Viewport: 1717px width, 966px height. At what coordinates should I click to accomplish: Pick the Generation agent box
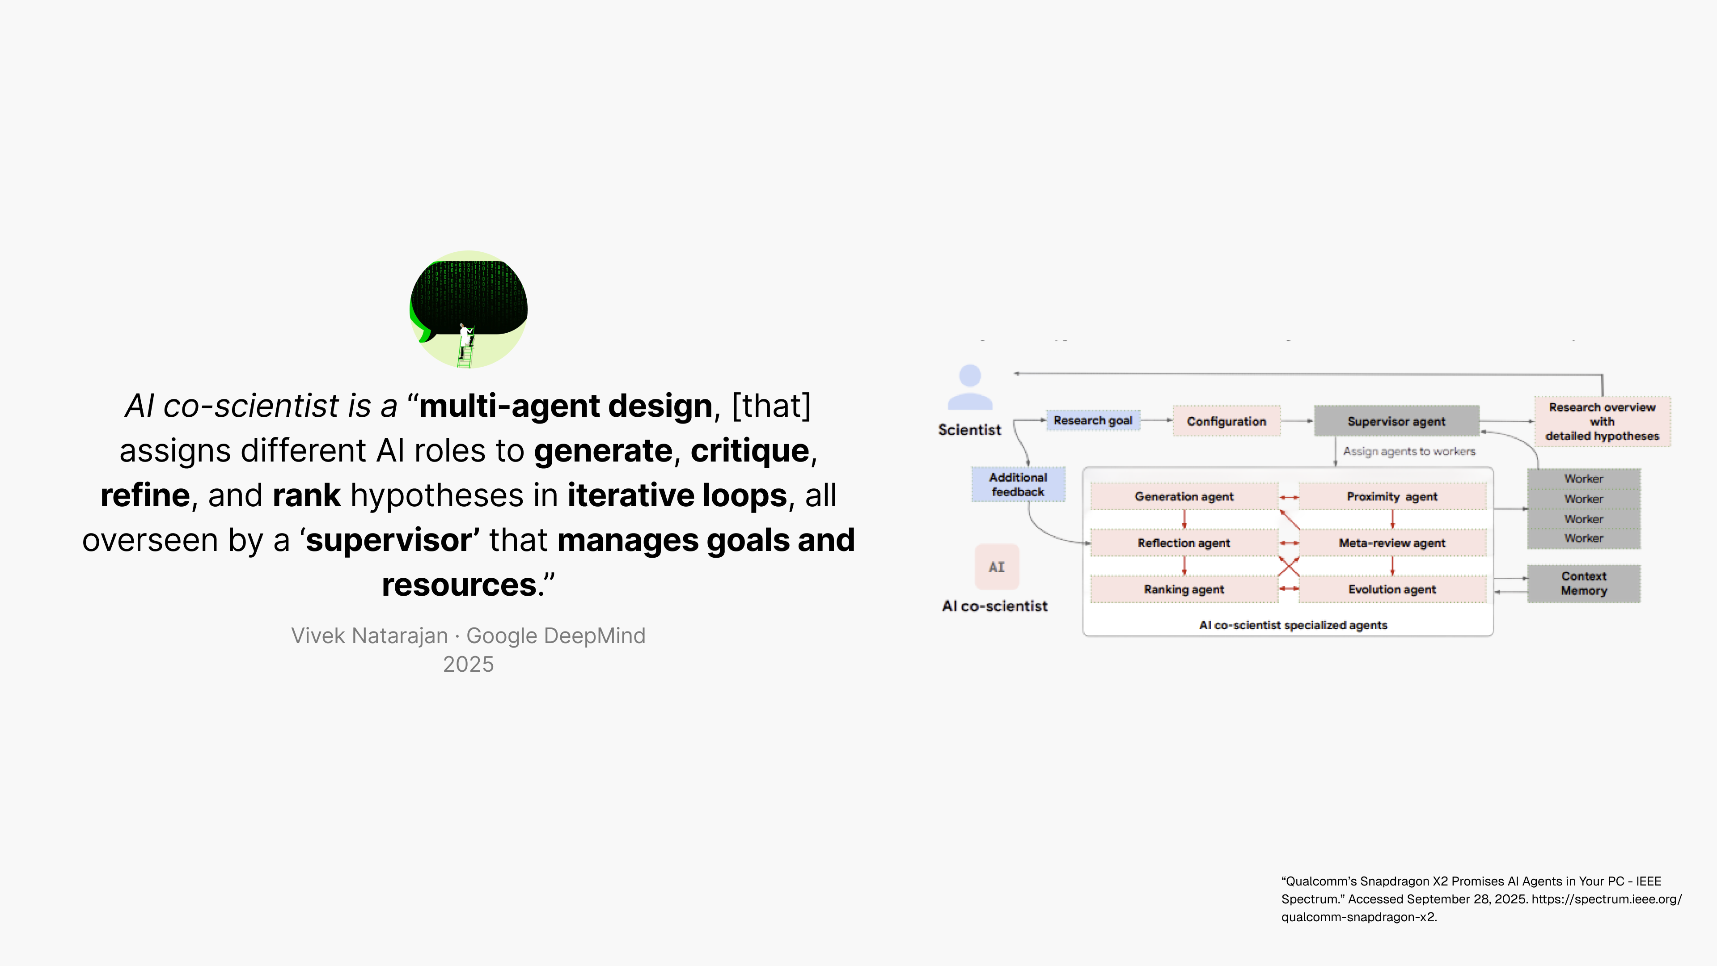pos(1184,497)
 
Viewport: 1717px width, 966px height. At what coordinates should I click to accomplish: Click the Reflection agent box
pos(1184,543)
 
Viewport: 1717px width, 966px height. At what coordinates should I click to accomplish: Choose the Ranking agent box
pos(1184,589)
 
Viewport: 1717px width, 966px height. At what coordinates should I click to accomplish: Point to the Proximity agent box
pos(1392,497)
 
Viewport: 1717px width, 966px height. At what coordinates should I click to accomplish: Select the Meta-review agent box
pos(1392,543)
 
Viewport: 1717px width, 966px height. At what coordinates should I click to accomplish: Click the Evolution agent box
pos(1392,589)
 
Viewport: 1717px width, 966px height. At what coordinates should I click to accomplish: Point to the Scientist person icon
pos(970,387)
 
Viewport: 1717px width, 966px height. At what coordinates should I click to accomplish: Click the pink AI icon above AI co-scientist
pos(997,567)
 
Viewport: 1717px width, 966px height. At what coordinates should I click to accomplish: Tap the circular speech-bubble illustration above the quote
pos(469,309)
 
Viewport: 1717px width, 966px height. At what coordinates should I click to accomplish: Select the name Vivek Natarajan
pos(369,636)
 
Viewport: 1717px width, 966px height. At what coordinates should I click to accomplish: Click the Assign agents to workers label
pos(1409,451)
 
